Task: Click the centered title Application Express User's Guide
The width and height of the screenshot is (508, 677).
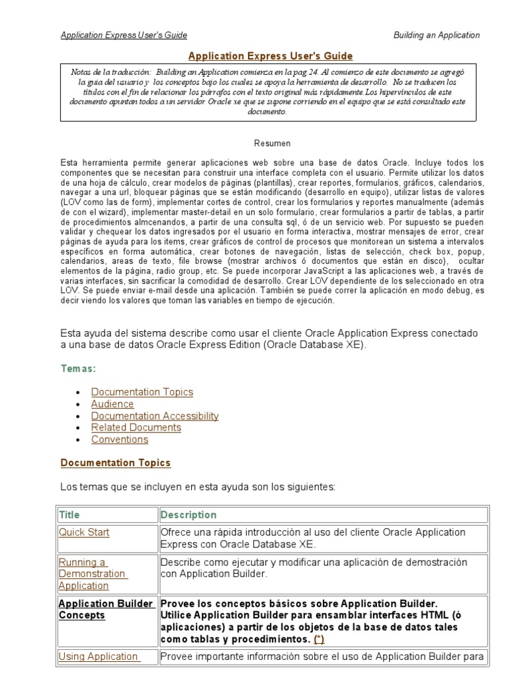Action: click(271, 56)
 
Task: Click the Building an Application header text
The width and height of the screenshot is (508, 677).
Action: click(437, 35)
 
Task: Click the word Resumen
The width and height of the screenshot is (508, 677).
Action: click(272, 143)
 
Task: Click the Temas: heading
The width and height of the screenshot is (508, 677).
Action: click(78, 368)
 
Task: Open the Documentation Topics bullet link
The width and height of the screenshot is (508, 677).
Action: click(142, 392)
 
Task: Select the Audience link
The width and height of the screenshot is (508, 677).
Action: click(112, 404)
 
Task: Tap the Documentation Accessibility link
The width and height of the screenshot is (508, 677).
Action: click(155, 416)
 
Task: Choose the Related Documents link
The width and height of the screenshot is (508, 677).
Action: click(136, 428)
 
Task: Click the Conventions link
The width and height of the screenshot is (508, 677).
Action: click(120, 440)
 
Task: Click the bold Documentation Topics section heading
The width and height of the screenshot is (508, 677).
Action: click(115, 463)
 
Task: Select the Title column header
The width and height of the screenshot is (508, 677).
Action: click(69, 514)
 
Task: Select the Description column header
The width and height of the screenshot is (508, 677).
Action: click(189, 514)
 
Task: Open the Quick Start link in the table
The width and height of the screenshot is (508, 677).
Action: click(84, 532)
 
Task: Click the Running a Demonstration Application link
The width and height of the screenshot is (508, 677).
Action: click(93, 574)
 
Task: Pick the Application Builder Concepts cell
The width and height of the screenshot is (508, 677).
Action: click(106, 610)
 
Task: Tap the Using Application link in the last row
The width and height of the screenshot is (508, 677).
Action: click(99, 657)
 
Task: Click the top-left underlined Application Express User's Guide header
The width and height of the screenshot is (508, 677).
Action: click(124, 35)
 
